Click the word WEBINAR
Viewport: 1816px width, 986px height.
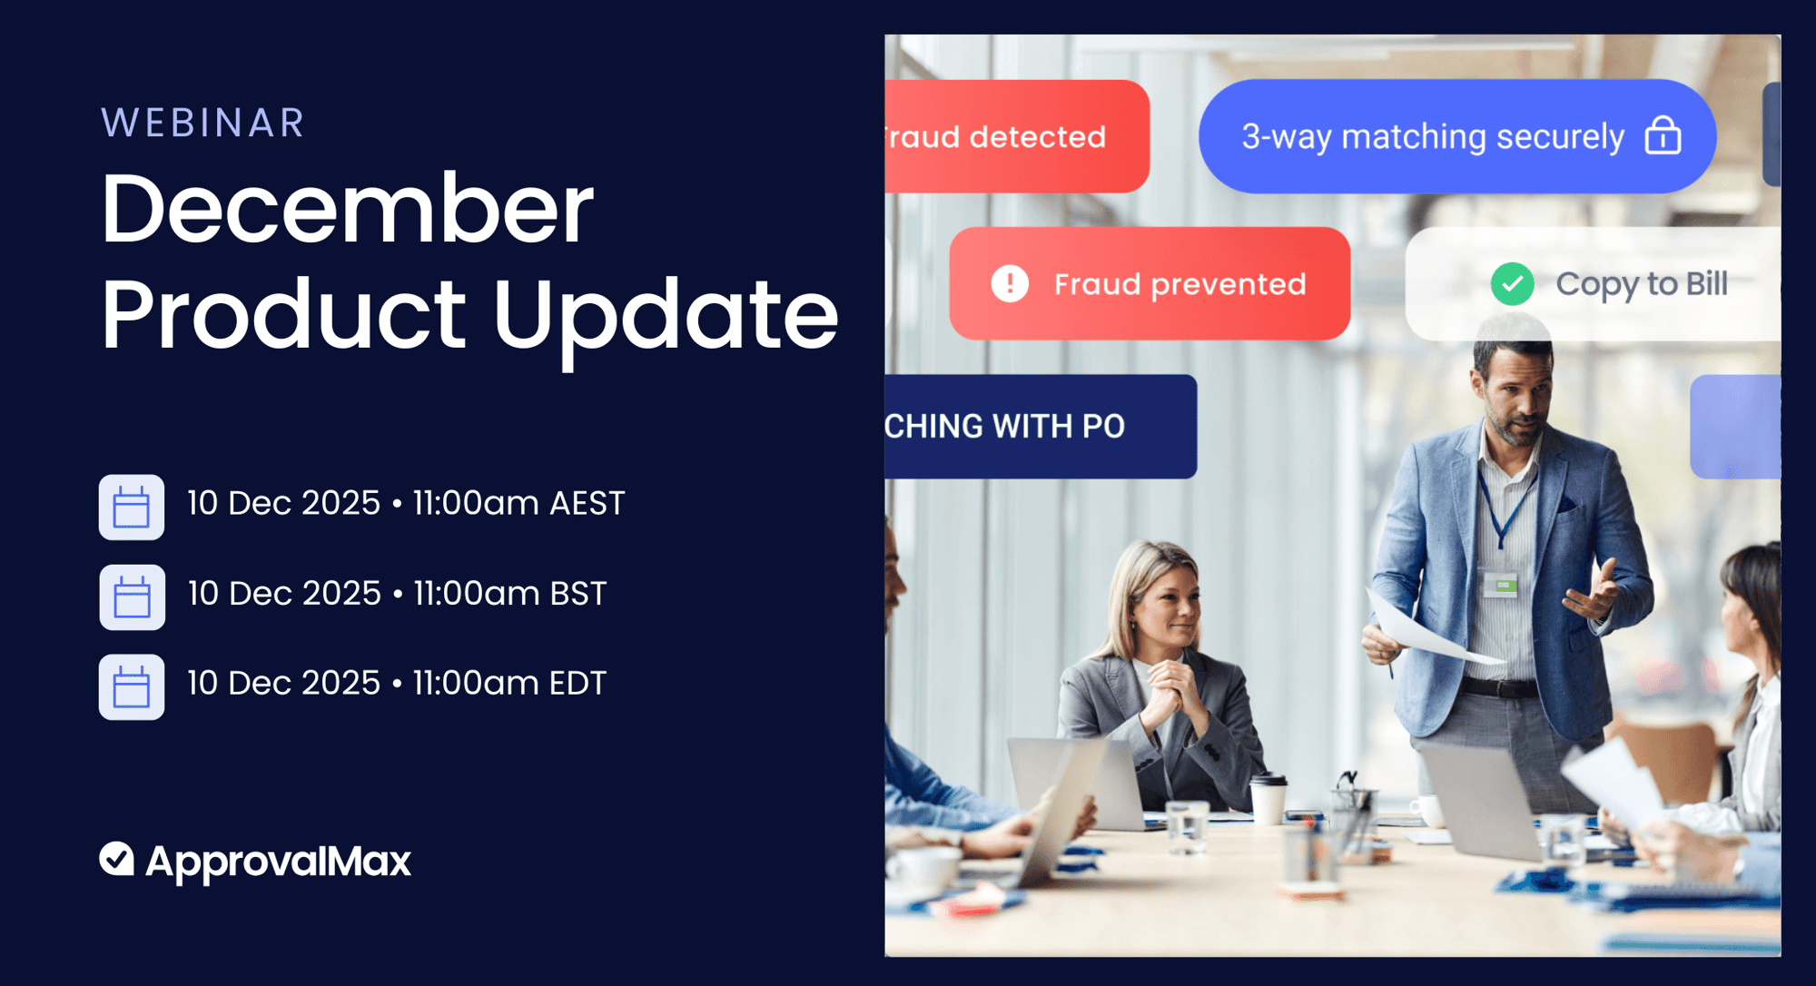point(202,123)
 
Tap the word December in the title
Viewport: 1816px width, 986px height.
point(347,210)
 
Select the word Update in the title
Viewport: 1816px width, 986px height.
point(665,314)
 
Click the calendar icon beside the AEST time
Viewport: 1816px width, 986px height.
point(132,507)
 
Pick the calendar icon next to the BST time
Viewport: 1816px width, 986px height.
point(132,597)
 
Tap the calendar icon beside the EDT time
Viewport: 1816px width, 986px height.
point(132,686)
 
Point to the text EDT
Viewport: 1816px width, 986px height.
point(577,683)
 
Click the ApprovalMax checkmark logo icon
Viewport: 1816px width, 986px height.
point(117,858)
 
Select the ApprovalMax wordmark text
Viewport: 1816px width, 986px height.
point(278,861)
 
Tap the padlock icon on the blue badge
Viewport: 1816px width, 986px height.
point(1663,136)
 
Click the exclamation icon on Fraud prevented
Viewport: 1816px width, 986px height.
point(1009,283)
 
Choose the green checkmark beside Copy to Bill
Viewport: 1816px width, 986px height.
point(1512,284)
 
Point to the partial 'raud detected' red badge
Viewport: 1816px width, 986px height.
point(1008,136)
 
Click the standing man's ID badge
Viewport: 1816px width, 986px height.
point(1501,584)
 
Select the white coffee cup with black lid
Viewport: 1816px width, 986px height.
point(1268,799)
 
